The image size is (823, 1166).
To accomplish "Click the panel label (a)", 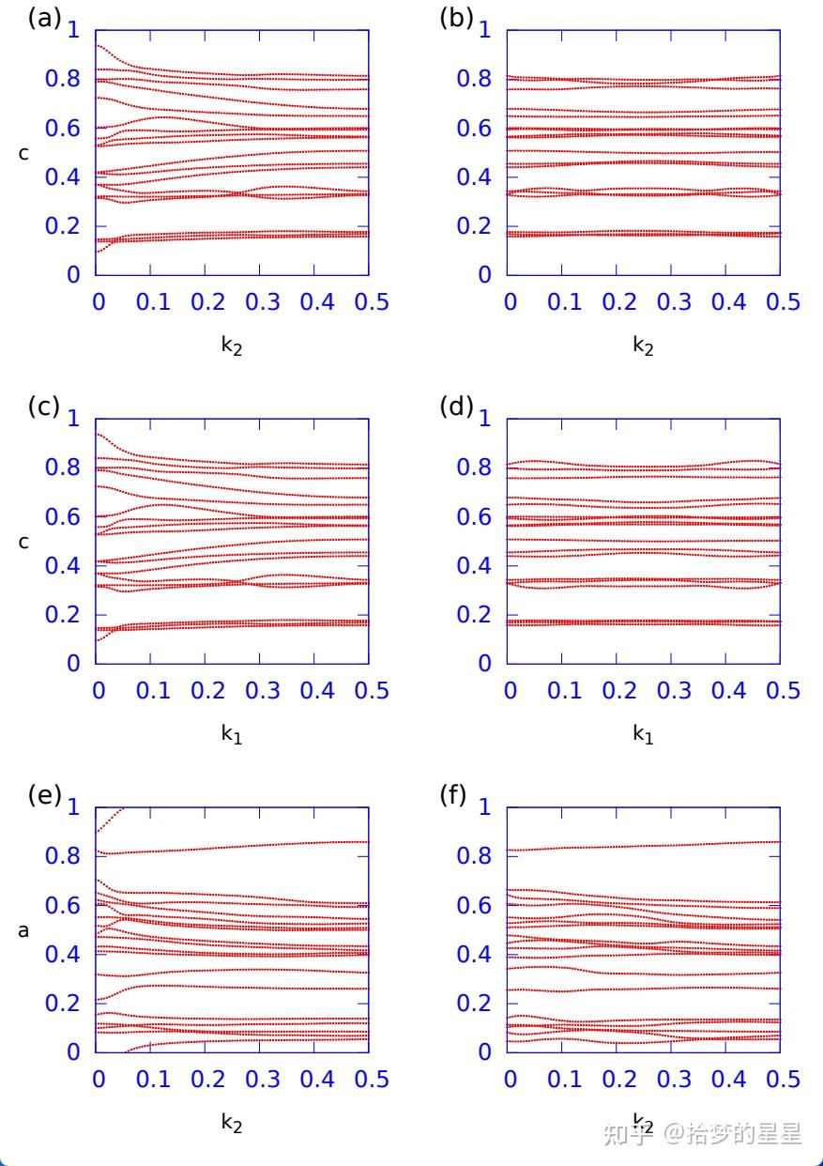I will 44,18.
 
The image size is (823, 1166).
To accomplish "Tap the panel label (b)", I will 456,18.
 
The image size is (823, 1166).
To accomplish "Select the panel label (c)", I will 44,407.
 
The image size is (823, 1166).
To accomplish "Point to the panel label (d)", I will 456,407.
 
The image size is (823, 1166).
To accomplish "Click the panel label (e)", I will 44,795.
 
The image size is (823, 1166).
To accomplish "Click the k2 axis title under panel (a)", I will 231,345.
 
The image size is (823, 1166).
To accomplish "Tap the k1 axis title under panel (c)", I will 231,734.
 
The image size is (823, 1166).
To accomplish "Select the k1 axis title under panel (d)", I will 642,734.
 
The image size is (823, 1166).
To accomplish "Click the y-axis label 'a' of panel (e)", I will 23,931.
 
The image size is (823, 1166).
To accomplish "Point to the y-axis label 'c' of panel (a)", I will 23,153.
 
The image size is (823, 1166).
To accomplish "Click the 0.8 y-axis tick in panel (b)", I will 475,79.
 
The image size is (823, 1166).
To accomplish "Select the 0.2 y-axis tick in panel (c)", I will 64,615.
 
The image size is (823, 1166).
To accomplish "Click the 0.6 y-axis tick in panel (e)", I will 64,906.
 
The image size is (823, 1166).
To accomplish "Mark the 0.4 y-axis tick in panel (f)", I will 475,955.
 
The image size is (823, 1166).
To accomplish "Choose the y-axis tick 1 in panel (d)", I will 485,419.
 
